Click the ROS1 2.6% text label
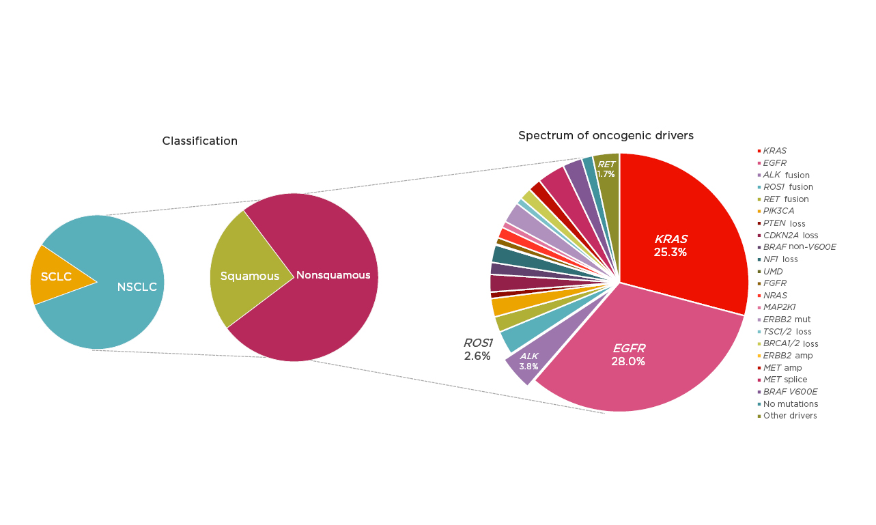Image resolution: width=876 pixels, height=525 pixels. (477, 349)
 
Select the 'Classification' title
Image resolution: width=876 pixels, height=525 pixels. (199, 141)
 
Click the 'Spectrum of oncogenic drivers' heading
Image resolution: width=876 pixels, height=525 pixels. (606, 135)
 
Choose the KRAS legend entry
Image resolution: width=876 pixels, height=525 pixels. (774, 150)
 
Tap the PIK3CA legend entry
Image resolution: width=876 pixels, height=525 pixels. (778, 211)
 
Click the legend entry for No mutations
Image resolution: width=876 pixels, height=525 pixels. (790, 403)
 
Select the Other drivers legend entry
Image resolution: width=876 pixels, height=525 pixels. (789, 416)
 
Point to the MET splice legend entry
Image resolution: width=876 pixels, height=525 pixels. (785, 380)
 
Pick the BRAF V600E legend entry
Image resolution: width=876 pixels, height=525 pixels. (789, 392)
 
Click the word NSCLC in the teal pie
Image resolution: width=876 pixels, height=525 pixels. (137, 287)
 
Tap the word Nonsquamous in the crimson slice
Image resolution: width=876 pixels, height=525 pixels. (333, 275)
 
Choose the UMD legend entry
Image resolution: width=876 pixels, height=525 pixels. (773, 271)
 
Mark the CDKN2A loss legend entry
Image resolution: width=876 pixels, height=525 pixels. (790, 235)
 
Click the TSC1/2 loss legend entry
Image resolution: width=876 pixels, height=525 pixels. (787, 331)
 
